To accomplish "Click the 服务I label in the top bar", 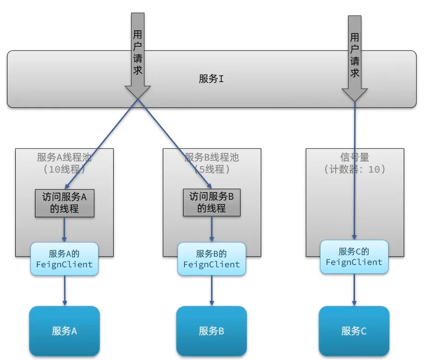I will tap(211, 79).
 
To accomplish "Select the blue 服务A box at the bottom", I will tap(64, 331).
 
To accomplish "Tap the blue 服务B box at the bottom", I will tap(211, 331).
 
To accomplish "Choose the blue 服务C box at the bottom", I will tap(354, 331).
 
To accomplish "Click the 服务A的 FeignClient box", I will tap(64, 259).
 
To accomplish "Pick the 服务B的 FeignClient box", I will tap(211, 259).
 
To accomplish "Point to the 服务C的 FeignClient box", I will tap(354, 257).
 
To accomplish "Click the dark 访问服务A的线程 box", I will tap(65, 203).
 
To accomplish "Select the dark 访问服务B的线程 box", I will tap(211, 203).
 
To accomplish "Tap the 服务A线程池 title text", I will tap(64, 157).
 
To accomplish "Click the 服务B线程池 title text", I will tap(211, 157).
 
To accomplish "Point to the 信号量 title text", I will tap(354, 157).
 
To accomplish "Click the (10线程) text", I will tap(64, 169).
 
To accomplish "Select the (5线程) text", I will tap(211, 169).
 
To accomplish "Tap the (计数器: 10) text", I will tap(354, 169).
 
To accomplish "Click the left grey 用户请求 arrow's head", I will tap(138, 91).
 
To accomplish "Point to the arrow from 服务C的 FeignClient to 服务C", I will tap(354, 288).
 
